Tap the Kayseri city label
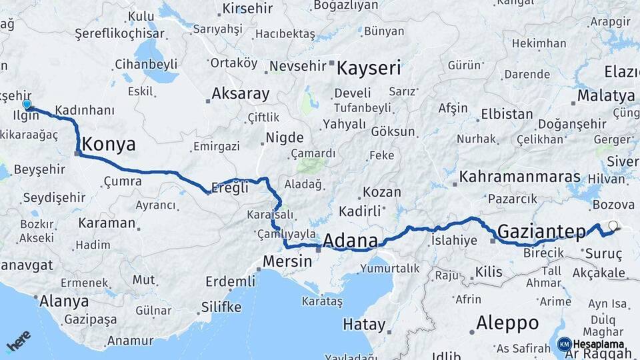(369, 68)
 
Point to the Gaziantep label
(541, 231)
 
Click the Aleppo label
(507, 323)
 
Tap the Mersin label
(287, 261)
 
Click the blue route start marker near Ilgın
(27, 105)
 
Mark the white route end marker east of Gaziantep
(613, 225)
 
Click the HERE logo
(18, 341)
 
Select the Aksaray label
(240, 93)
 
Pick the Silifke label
(221, 307)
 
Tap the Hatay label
(364, 325)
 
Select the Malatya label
(605, 95)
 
